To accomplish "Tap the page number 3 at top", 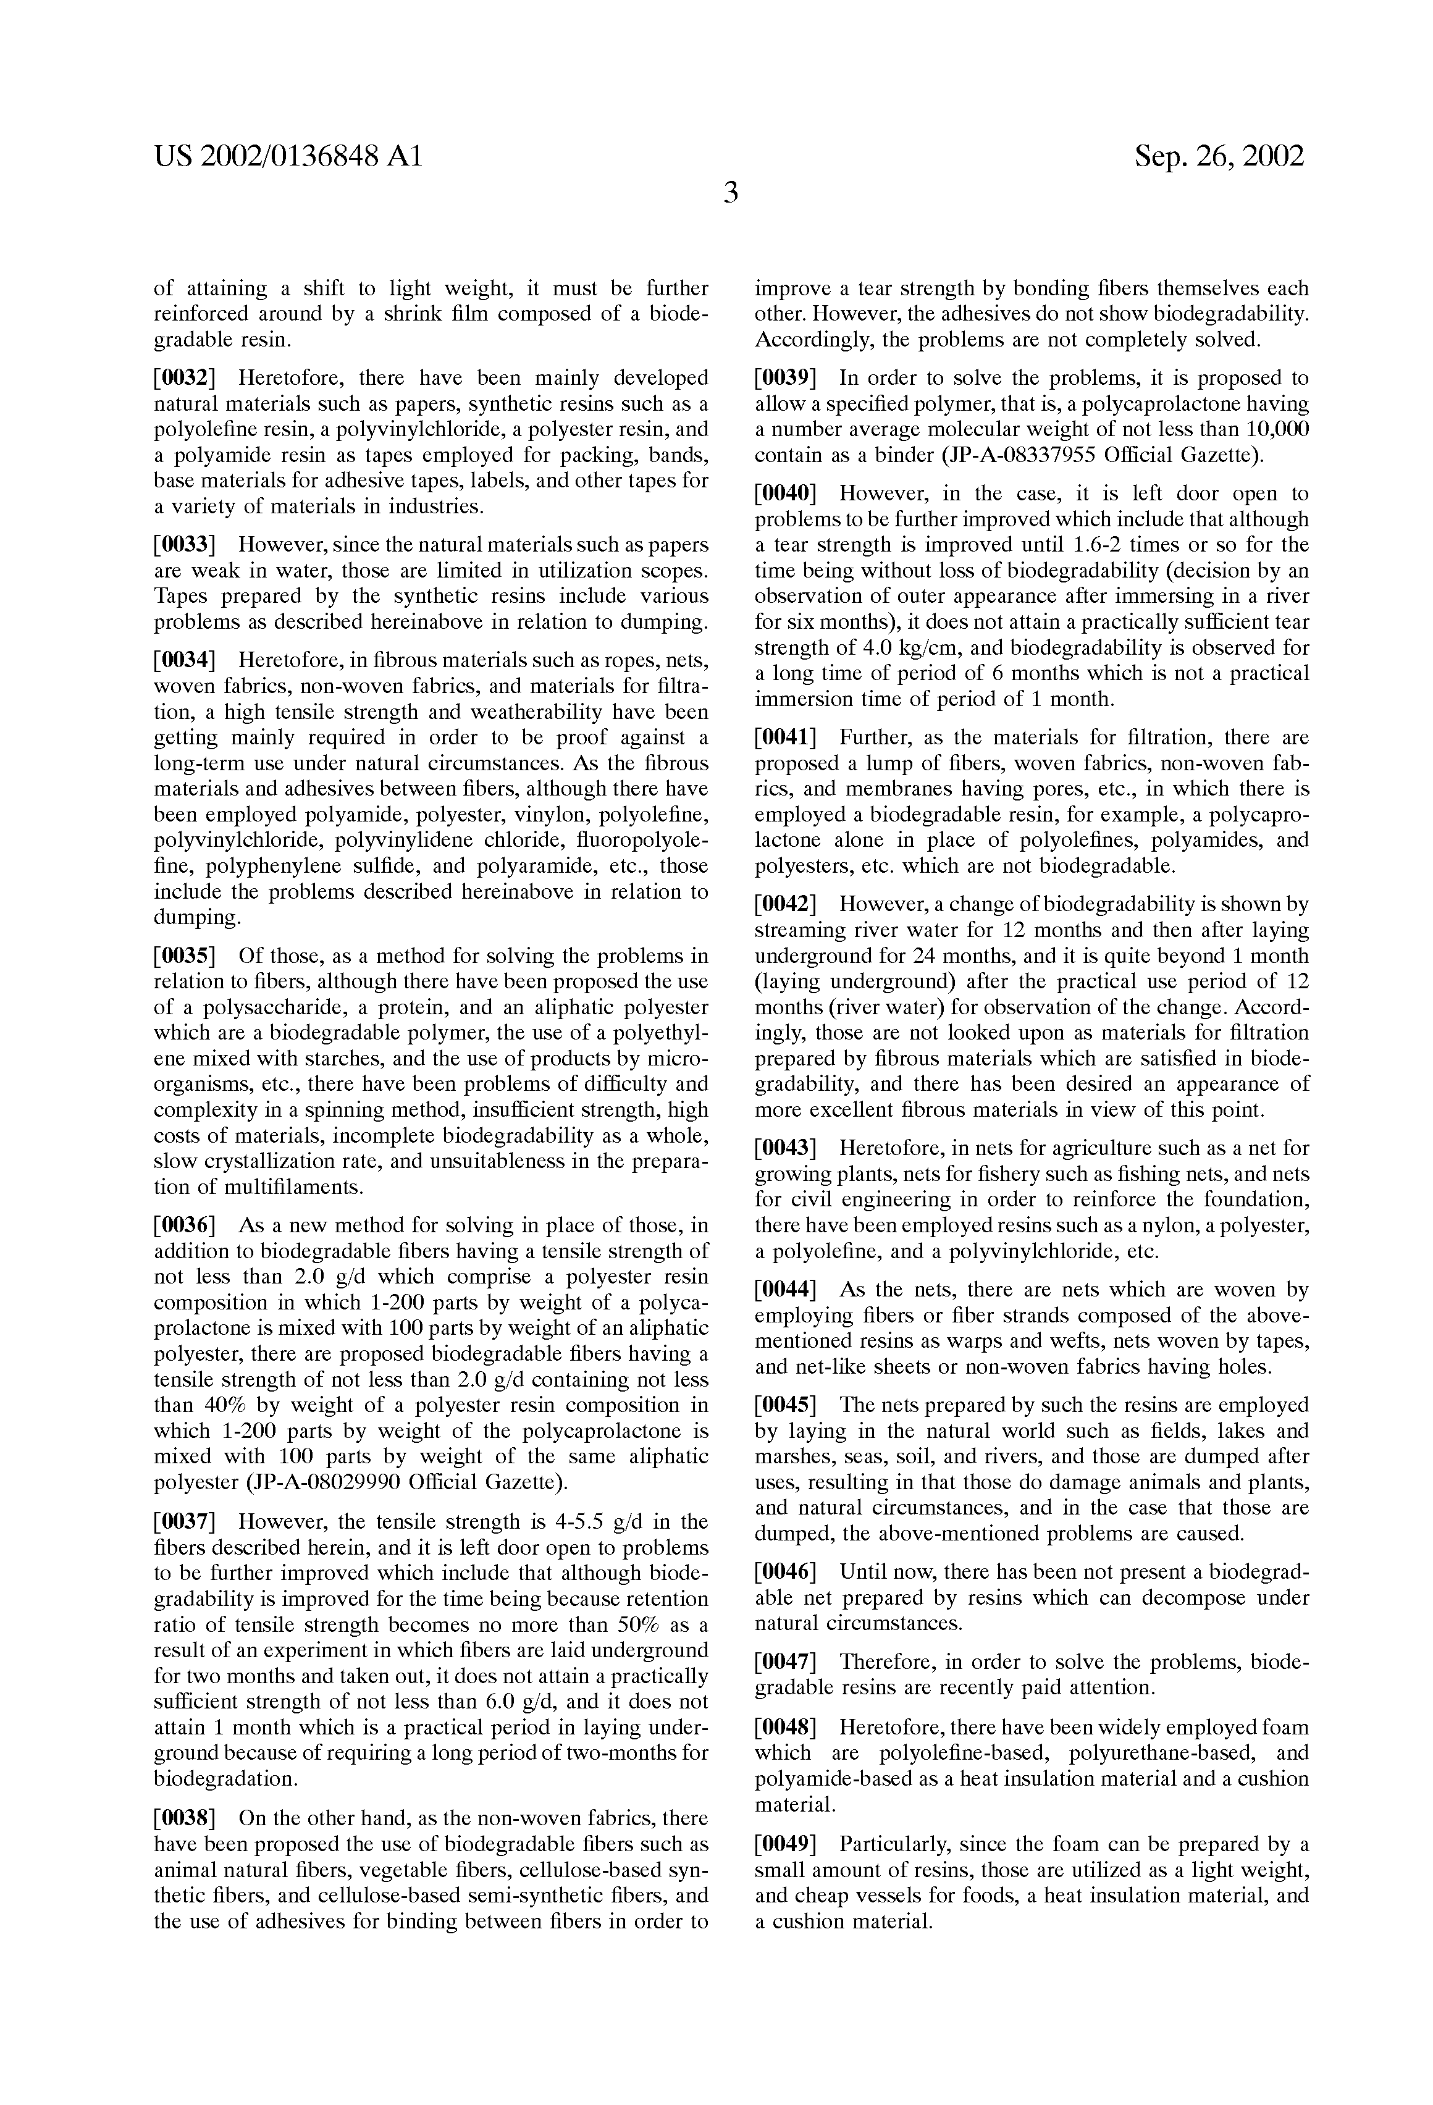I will (730, 193).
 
